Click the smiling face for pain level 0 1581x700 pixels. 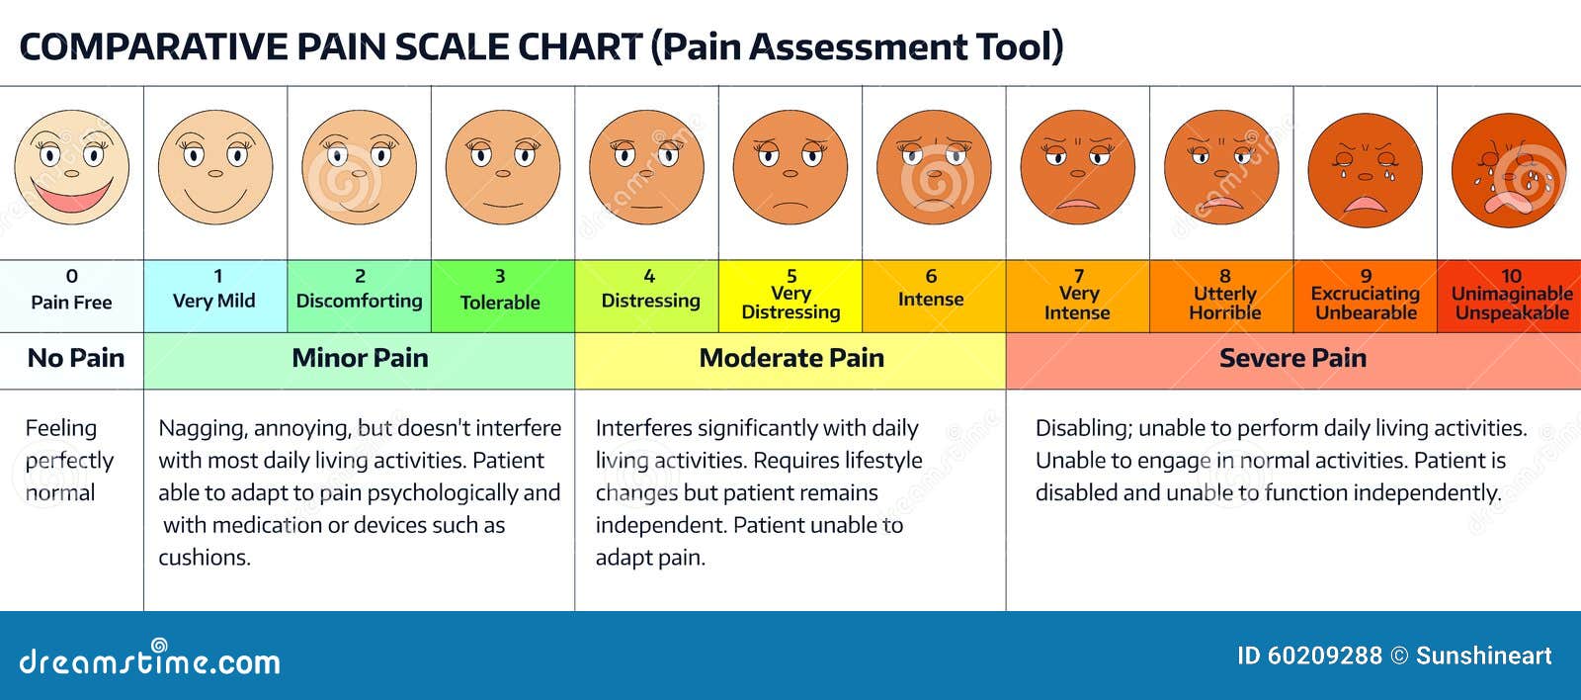(x=71, y=168)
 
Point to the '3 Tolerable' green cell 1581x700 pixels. (x=501, y=294)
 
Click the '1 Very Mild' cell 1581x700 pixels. (x=215, y=294)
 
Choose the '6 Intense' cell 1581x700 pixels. (x=931, y=294)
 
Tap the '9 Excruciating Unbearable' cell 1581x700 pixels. (x=1365, y=296)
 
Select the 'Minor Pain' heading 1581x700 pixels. (x=360, y=359)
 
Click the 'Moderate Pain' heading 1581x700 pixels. (x=790, y=359)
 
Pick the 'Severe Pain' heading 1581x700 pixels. (x=1292, y=359)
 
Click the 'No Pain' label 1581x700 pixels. (x=75, y=359)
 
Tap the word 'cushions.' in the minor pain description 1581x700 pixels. (x=205, y=558)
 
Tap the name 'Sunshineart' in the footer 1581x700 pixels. (x=1483, y=656)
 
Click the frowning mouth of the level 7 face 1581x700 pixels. (x=1077, y=204)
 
